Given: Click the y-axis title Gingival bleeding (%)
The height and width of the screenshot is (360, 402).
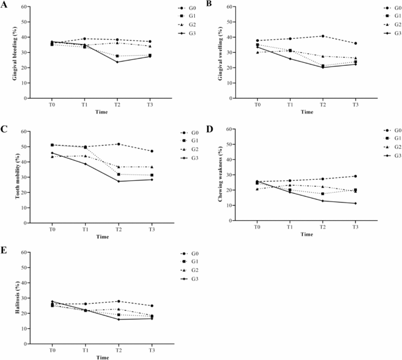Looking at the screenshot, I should point(8,53).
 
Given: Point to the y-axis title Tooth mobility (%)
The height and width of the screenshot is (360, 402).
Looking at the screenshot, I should point(8,177).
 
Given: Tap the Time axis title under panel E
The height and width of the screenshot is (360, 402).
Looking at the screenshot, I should point(102,356).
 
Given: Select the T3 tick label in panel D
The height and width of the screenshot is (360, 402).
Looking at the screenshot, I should point(355,226).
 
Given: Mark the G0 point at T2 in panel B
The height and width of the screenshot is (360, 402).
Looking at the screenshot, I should point(323,36).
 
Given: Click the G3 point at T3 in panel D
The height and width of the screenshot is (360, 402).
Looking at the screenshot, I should point(355,203).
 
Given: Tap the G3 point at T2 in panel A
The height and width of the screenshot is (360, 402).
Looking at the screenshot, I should point(117,62).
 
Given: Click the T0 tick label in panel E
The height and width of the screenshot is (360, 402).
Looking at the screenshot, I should point(52,349).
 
